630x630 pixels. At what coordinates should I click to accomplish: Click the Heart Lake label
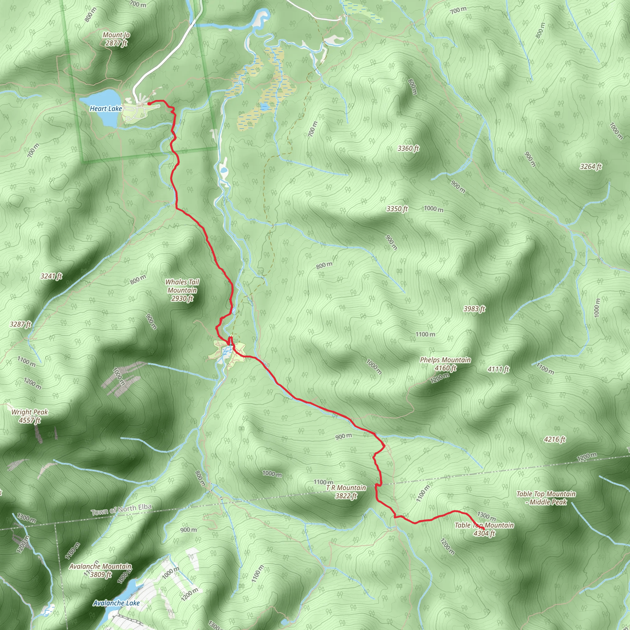pyautogui.click(x=106, y=109)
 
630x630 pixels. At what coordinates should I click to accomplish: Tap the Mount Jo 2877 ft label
pyautogui.click(x=116, y=39)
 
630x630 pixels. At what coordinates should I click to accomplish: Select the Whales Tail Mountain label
pyautogui.click(x=182, y=290)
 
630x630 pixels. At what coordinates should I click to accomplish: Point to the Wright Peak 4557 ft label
pyautogui.click(x=30, y=416)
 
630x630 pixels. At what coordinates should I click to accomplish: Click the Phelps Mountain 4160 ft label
pyautogui.click(x=445, y=364)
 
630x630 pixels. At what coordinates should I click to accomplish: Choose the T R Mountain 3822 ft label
pyautogui.click(x=346, y=492)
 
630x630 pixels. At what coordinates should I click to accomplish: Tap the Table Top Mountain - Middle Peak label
pyautogui.click(x=546, y=498)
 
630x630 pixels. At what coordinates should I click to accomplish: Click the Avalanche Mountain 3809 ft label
pyautogui.click(x=100, y=570)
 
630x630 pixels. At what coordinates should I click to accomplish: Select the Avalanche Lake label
pyautogui.click(x=116, y=603)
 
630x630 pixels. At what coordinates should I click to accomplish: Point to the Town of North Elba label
pyautogui.click(x=121, y=509)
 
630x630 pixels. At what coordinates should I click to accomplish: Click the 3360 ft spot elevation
pyautogui.click(x=408, y=149)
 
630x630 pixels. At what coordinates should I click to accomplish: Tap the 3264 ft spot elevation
pyautogui.click(x=591, y=167)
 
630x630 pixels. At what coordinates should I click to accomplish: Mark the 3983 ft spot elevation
pyautogui.click(x=474, y=309)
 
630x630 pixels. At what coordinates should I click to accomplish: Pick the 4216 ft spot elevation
pyautogui.click(x=554, y=439)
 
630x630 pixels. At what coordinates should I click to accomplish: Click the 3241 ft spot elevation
pyautogui.click(x=51, y=276)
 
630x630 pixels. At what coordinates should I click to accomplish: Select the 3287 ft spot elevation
pyautogui.click(x=20, y=324)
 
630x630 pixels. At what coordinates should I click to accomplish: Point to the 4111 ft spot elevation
pyautogui.click(x=498, y=369)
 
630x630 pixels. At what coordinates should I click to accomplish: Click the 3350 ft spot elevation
pyautogui.click(x=397, y=209)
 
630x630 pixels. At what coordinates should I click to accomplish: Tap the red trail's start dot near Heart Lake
pyautogui.click(x=149, y=103)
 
